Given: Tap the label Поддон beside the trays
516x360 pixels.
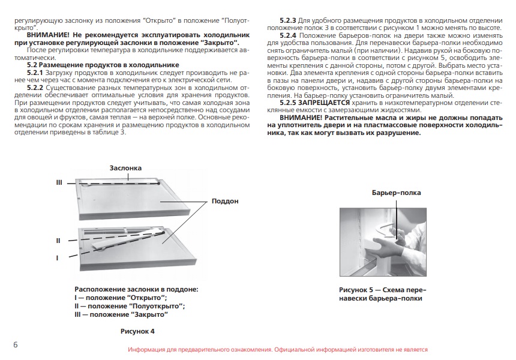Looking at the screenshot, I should [225, 202].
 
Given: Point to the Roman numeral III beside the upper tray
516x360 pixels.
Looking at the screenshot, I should [59, 181].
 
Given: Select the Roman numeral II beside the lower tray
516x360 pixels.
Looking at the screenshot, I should [58, 241].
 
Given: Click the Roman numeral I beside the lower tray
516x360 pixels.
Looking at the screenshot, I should [57, 258].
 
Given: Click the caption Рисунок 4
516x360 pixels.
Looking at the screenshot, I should [137, 331].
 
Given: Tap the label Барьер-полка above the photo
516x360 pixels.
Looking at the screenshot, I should [396, 193].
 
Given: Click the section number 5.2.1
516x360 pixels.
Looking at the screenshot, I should [38, 73].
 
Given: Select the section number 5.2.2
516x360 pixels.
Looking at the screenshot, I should [38, 88].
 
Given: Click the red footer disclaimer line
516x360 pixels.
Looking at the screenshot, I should [277, 349].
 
